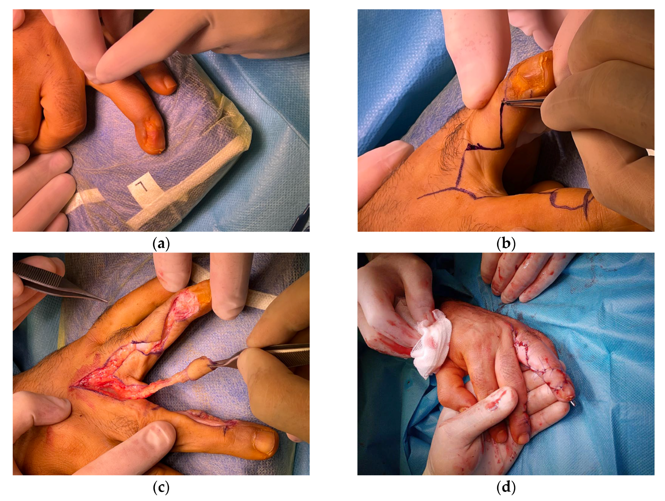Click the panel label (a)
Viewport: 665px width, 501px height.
(161, 244)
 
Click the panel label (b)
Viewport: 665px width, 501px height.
(506, 244)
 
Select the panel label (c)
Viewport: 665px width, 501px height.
(161, 488)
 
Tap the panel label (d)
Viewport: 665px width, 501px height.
(506, 488)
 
